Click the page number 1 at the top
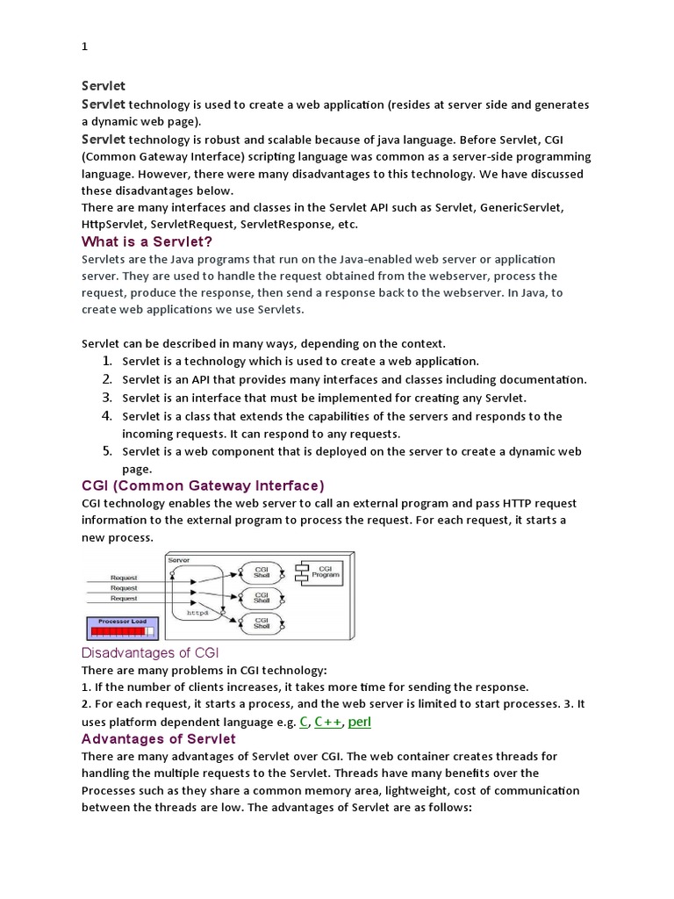pos(84,47)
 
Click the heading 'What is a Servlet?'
pos(147,241)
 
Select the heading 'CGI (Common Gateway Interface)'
pos(203,485)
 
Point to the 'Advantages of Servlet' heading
pos(158,738)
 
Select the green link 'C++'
pos(328,722)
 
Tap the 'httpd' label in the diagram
pos(198,613)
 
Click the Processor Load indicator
pos(122,627)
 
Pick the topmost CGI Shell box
pos(261,572)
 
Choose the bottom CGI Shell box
pos(261,623)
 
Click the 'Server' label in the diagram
pos(178,560)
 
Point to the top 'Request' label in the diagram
pos(124,577)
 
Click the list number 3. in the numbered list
pos(106,398)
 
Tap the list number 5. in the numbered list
pos(106,451)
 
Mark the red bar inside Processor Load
pos(118,631)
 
